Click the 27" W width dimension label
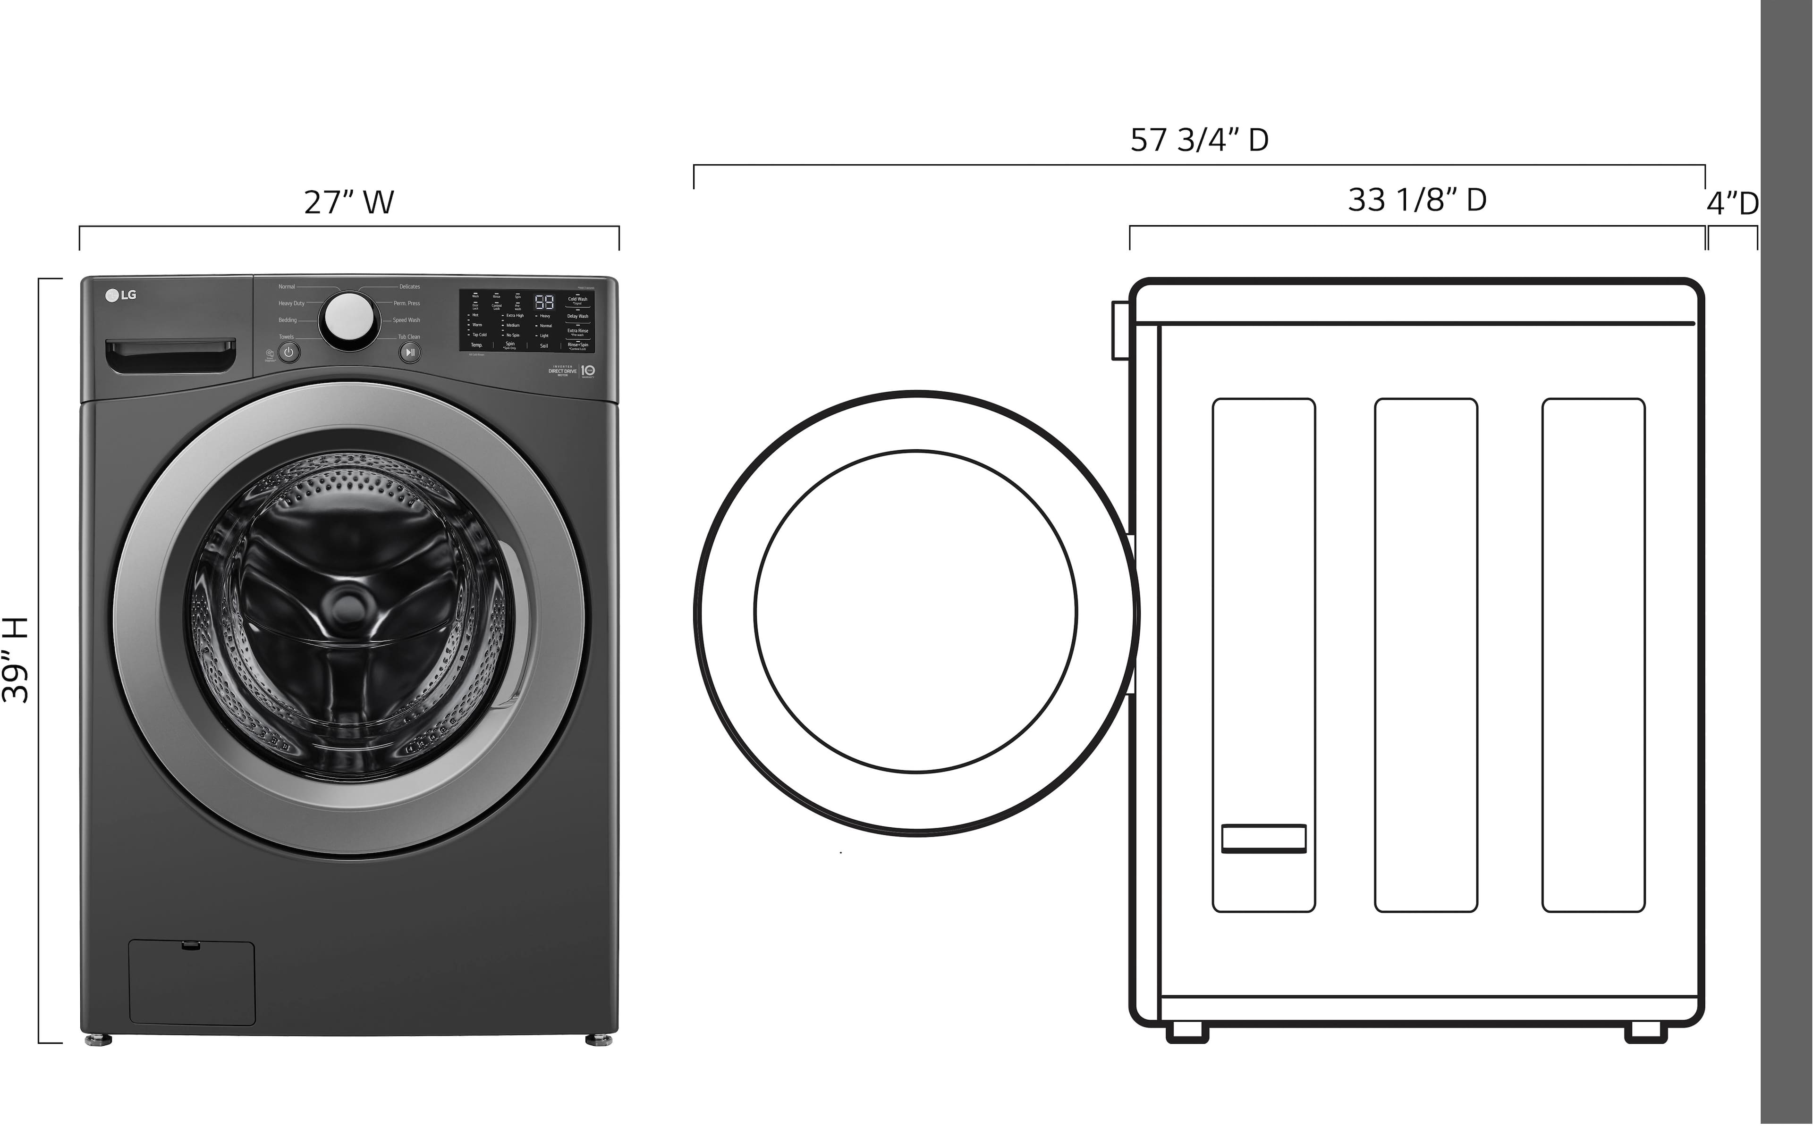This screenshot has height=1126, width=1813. [348, 202]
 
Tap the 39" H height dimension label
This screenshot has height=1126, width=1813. [17, 660]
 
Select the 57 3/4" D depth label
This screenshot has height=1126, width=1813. [1199, 140]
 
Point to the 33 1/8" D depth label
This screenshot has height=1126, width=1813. [1417, 200]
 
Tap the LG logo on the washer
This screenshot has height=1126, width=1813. [121, 295]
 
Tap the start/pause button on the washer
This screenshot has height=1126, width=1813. [410, 352]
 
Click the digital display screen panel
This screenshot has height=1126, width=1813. [526, 320]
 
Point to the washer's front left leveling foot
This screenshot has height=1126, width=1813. [98, 1040]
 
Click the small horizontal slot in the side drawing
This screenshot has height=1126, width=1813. [1263, 839]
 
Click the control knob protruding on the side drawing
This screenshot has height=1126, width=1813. [1119, 330]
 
